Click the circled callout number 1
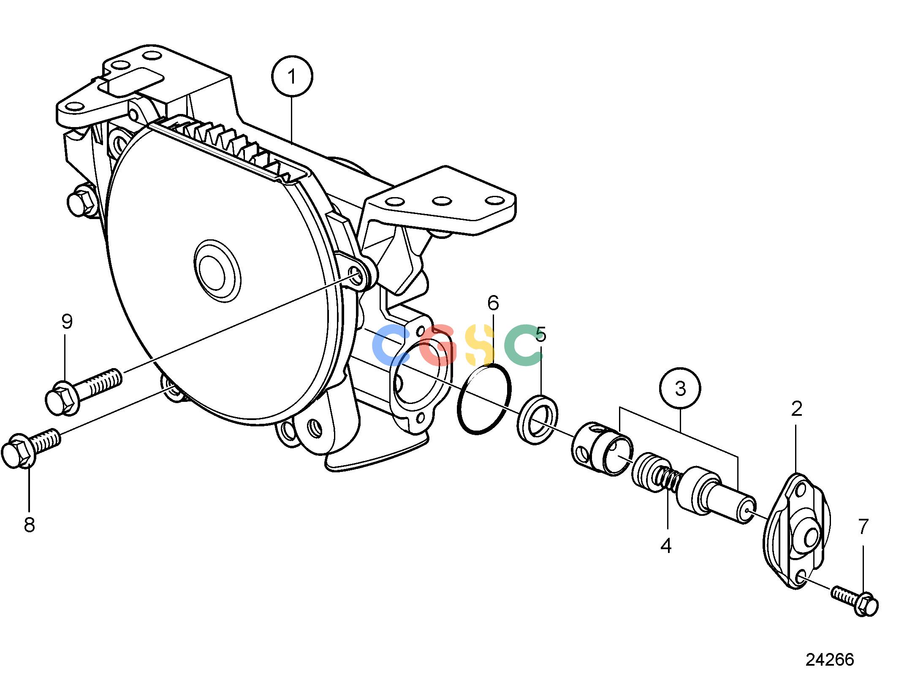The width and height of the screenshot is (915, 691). (292, 76)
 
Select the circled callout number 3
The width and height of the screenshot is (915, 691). (680, 388)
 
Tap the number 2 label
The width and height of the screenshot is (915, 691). (796, 409)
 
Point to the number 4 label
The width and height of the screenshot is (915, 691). (666, 546)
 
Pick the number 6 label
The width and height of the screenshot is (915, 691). (493, 303)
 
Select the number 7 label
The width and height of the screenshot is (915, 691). (863, 526)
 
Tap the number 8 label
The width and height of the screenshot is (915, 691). (29, 525)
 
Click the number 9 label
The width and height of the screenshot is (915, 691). (67, 322)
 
